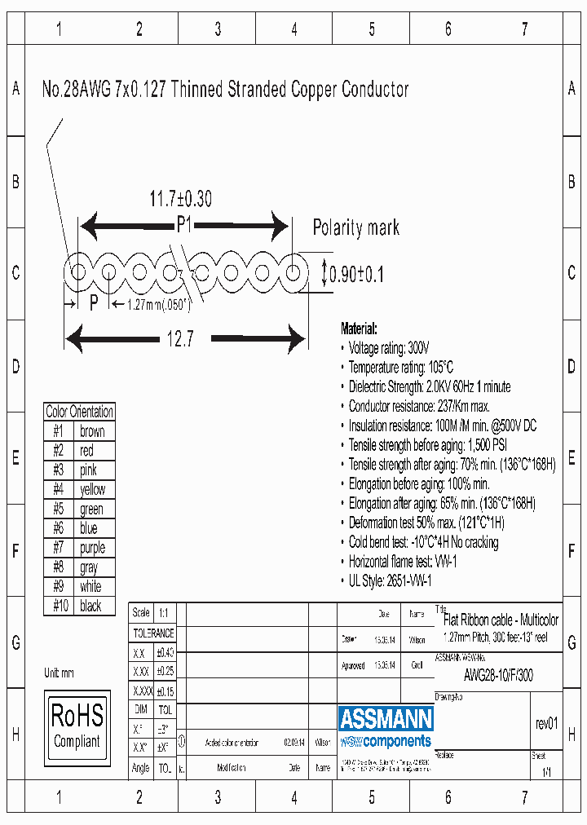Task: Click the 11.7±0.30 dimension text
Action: click(180, 199)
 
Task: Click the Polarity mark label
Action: click(356, 227)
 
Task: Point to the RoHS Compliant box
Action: click(77, 727)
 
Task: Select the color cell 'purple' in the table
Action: click(92, 548)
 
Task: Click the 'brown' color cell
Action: click(92, 431)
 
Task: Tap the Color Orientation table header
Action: click(79, 412)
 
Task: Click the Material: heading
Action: click(359, 329)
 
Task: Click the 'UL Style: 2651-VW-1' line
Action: click(390, 580)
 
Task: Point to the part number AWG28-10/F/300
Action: click(498, 674)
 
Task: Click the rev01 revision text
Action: click(546, 724)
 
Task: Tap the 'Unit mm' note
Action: click(59, 673)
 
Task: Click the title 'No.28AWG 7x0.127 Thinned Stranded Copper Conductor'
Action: click(225, 90)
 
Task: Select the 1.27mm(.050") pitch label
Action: click(159, 304)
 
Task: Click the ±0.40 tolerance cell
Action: click(165, 652)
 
